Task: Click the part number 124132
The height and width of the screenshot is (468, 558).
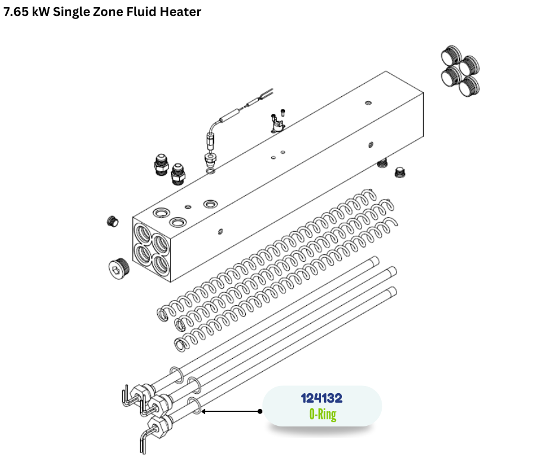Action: tap(321, 398)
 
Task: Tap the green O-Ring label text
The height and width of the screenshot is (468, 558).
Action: tap(323, 415)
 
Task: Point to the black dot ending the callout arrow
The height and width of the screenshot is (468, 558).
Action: tap(260, 412)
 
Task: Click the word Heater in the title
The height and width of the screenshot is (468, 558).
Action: tap(180, 12)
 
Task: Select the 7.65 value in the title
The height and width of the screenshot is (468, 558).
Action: tap(16, 12)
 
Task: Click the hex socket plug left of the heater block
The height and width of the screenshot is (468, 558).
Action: tap(119, 267)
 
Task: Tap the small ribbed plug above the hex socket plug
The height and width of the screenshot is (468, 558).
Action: tap(112, 221)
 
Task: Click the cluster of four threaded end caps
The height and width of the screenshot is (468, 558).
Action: tap(460, 71)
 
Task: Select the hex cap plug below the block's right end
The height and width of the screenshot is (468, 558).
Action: tap(400, 173)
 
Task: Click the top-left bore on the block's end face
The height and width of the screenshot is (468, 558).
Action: tap(142, 233)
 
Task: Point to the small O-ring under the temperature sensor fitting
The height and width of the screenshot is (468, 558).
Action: tap(211, 172)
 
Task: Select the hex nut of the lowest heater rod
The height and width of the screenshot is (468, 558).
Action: tap(158, 425)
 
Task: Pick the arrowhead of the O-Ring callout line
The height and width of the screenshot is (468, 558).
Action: tap(204, 412)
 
